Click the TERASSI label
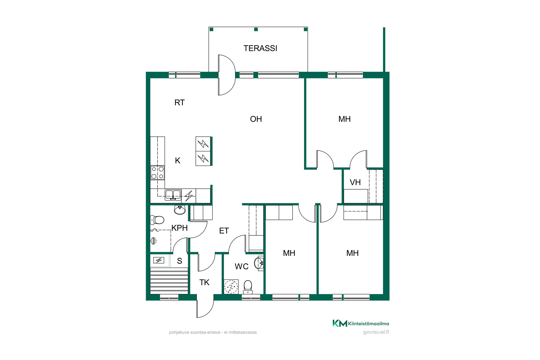click(x=260, y=48)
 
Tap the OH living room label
click(x=256, y=119)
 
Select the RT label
click(x=179, y=103)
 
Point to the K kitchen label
click(x=177, y=161)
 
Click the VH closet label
click(x=355, y=183)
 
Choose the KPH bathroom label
click(x=179, y=228)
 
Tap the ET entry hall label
click(x=224, y=231)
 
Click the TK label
click(x=204, y=282)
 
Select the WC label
click(x=242, y=267)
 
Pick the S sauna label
click(x=179, y=261)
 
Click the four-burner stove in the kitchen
click(x=157, y=173)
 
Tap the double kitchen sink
click(x=173, y=195)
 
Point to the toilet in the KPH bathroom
click(x=157, y=220)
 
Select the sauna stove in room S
click(x=159, y=260)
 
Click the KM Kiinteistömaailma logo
click(x=361, y=323)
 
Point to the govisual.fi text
click(x=376, y=332)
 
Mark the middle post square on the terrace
click(x=256, y=29)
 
